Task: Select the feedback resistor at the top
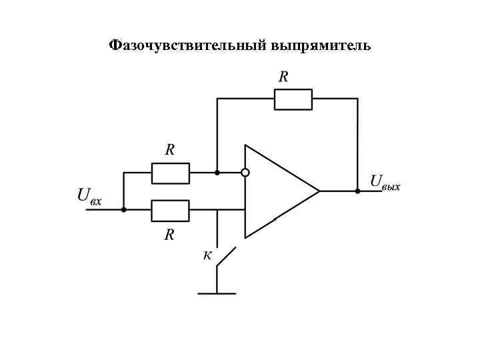point(293,99)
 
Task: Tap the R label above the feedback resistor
point(283,77)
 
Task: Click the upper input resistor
point(170,173)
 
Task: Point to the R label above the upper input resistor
point(170,151)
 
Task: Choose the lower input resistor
point(170,210)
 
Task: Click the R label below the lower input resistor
point(170,234)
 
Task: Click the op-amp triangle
point(277,191)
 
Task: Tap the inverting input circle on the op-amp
point(245,173)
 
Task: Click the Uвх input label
point(89,196)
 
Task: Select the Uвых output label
point(385,181)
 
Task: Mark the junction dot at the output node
point(357,191)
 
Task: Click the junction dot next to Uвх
point(123,209)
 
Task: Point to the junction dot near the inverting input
point(217,173)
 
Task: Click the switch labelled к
point(225,256)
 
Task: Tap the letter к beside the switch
point(207,255)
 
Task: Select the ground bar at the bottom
point(217,293)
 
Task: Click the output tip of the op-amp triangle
point(319,191)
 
